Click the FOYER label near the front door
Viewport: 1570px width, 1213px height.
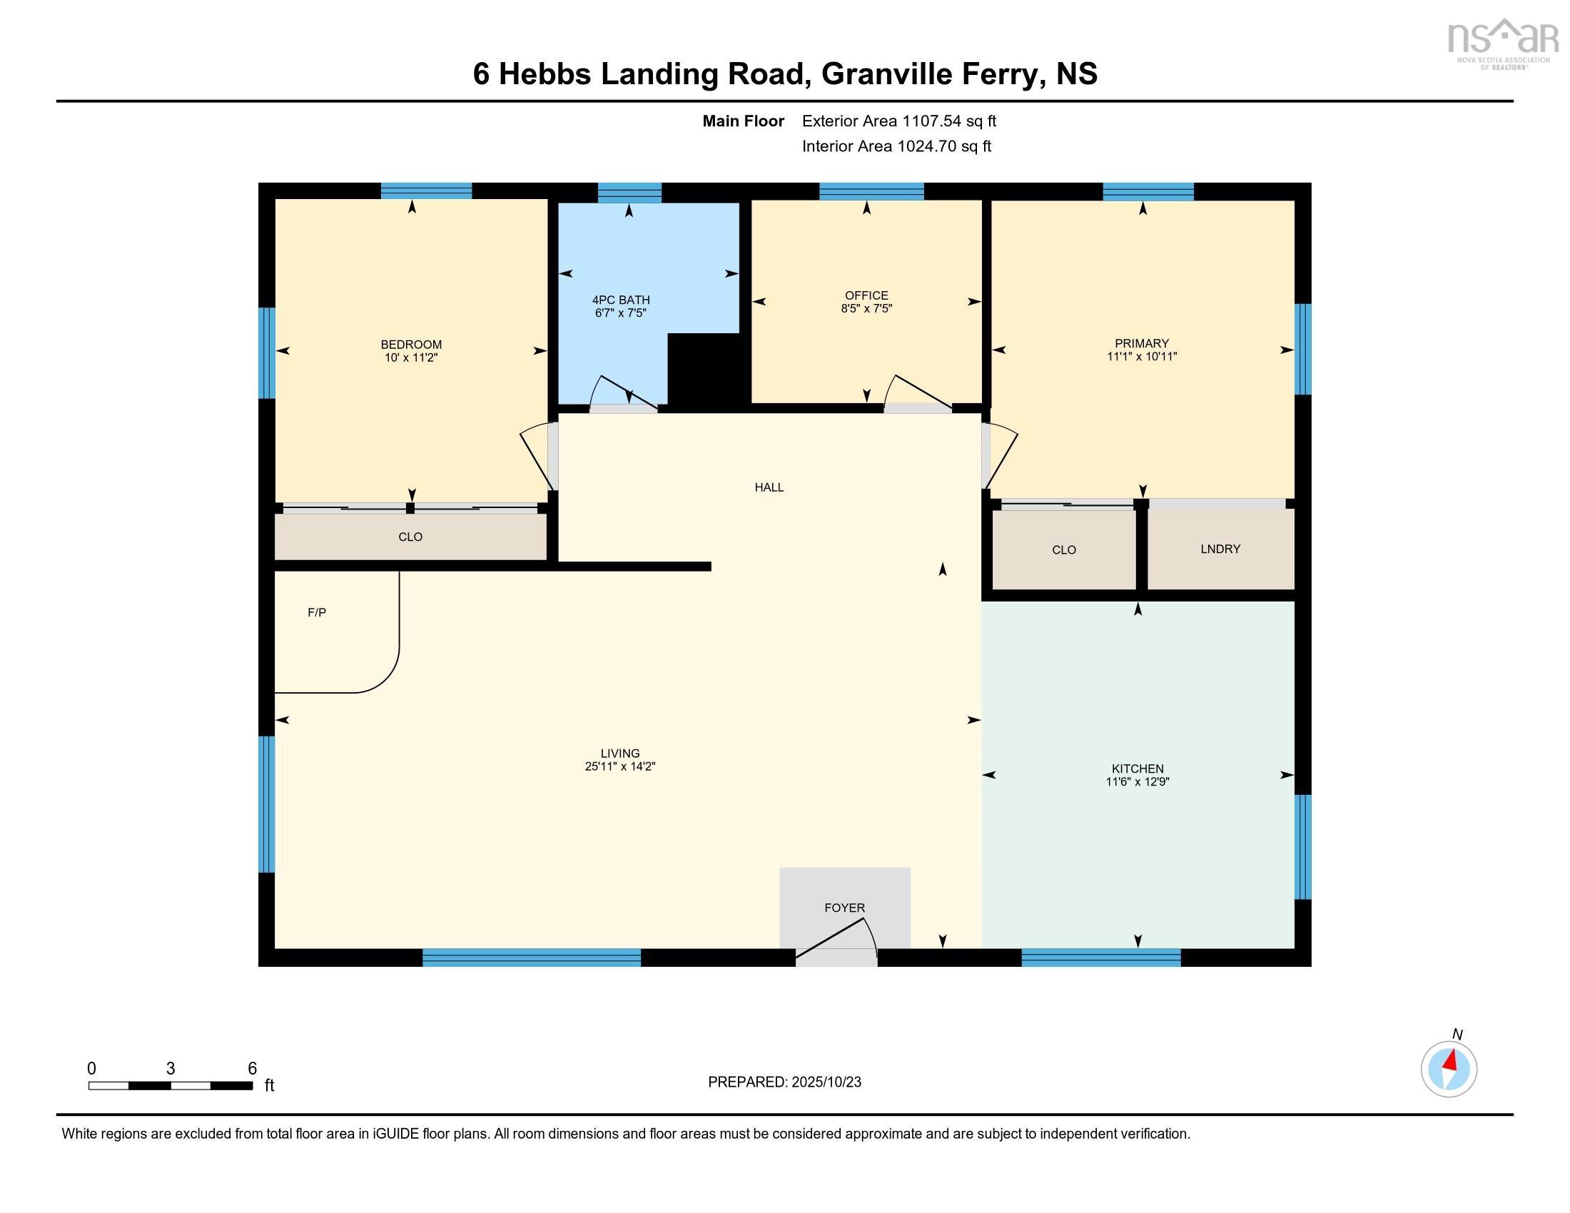coord(844,908)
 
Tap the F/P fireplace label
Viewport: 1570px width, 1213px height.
coord(316,612)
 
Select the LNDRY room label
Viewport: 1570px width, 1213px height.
coord(1220,549)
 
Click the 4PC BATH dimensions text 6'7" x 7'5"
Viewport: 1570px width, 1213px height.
coord(620,313)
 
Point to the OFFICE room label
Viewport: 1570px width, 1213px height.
coord(866,295)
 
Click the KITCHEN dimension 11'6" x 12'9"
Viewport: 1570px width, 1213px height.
coord(1138,782)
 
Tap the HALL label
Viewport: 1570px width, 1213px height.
coord(769,487)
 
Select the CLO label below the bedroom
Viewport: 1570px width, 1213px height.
coord(410,537)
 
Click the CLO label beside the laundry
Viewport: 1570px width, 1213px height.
coord(1063,549)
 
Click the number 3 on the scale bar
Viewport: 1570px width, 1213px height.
coord(171,1069)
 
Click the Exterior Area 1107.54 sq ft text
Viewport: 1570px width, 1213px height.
coord(898,121)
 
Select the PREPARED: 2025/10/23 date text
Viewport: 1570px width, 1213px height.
coord(784,1082)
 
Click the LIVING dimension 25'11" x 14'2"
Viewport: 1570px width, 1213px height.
coord(619,767)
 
